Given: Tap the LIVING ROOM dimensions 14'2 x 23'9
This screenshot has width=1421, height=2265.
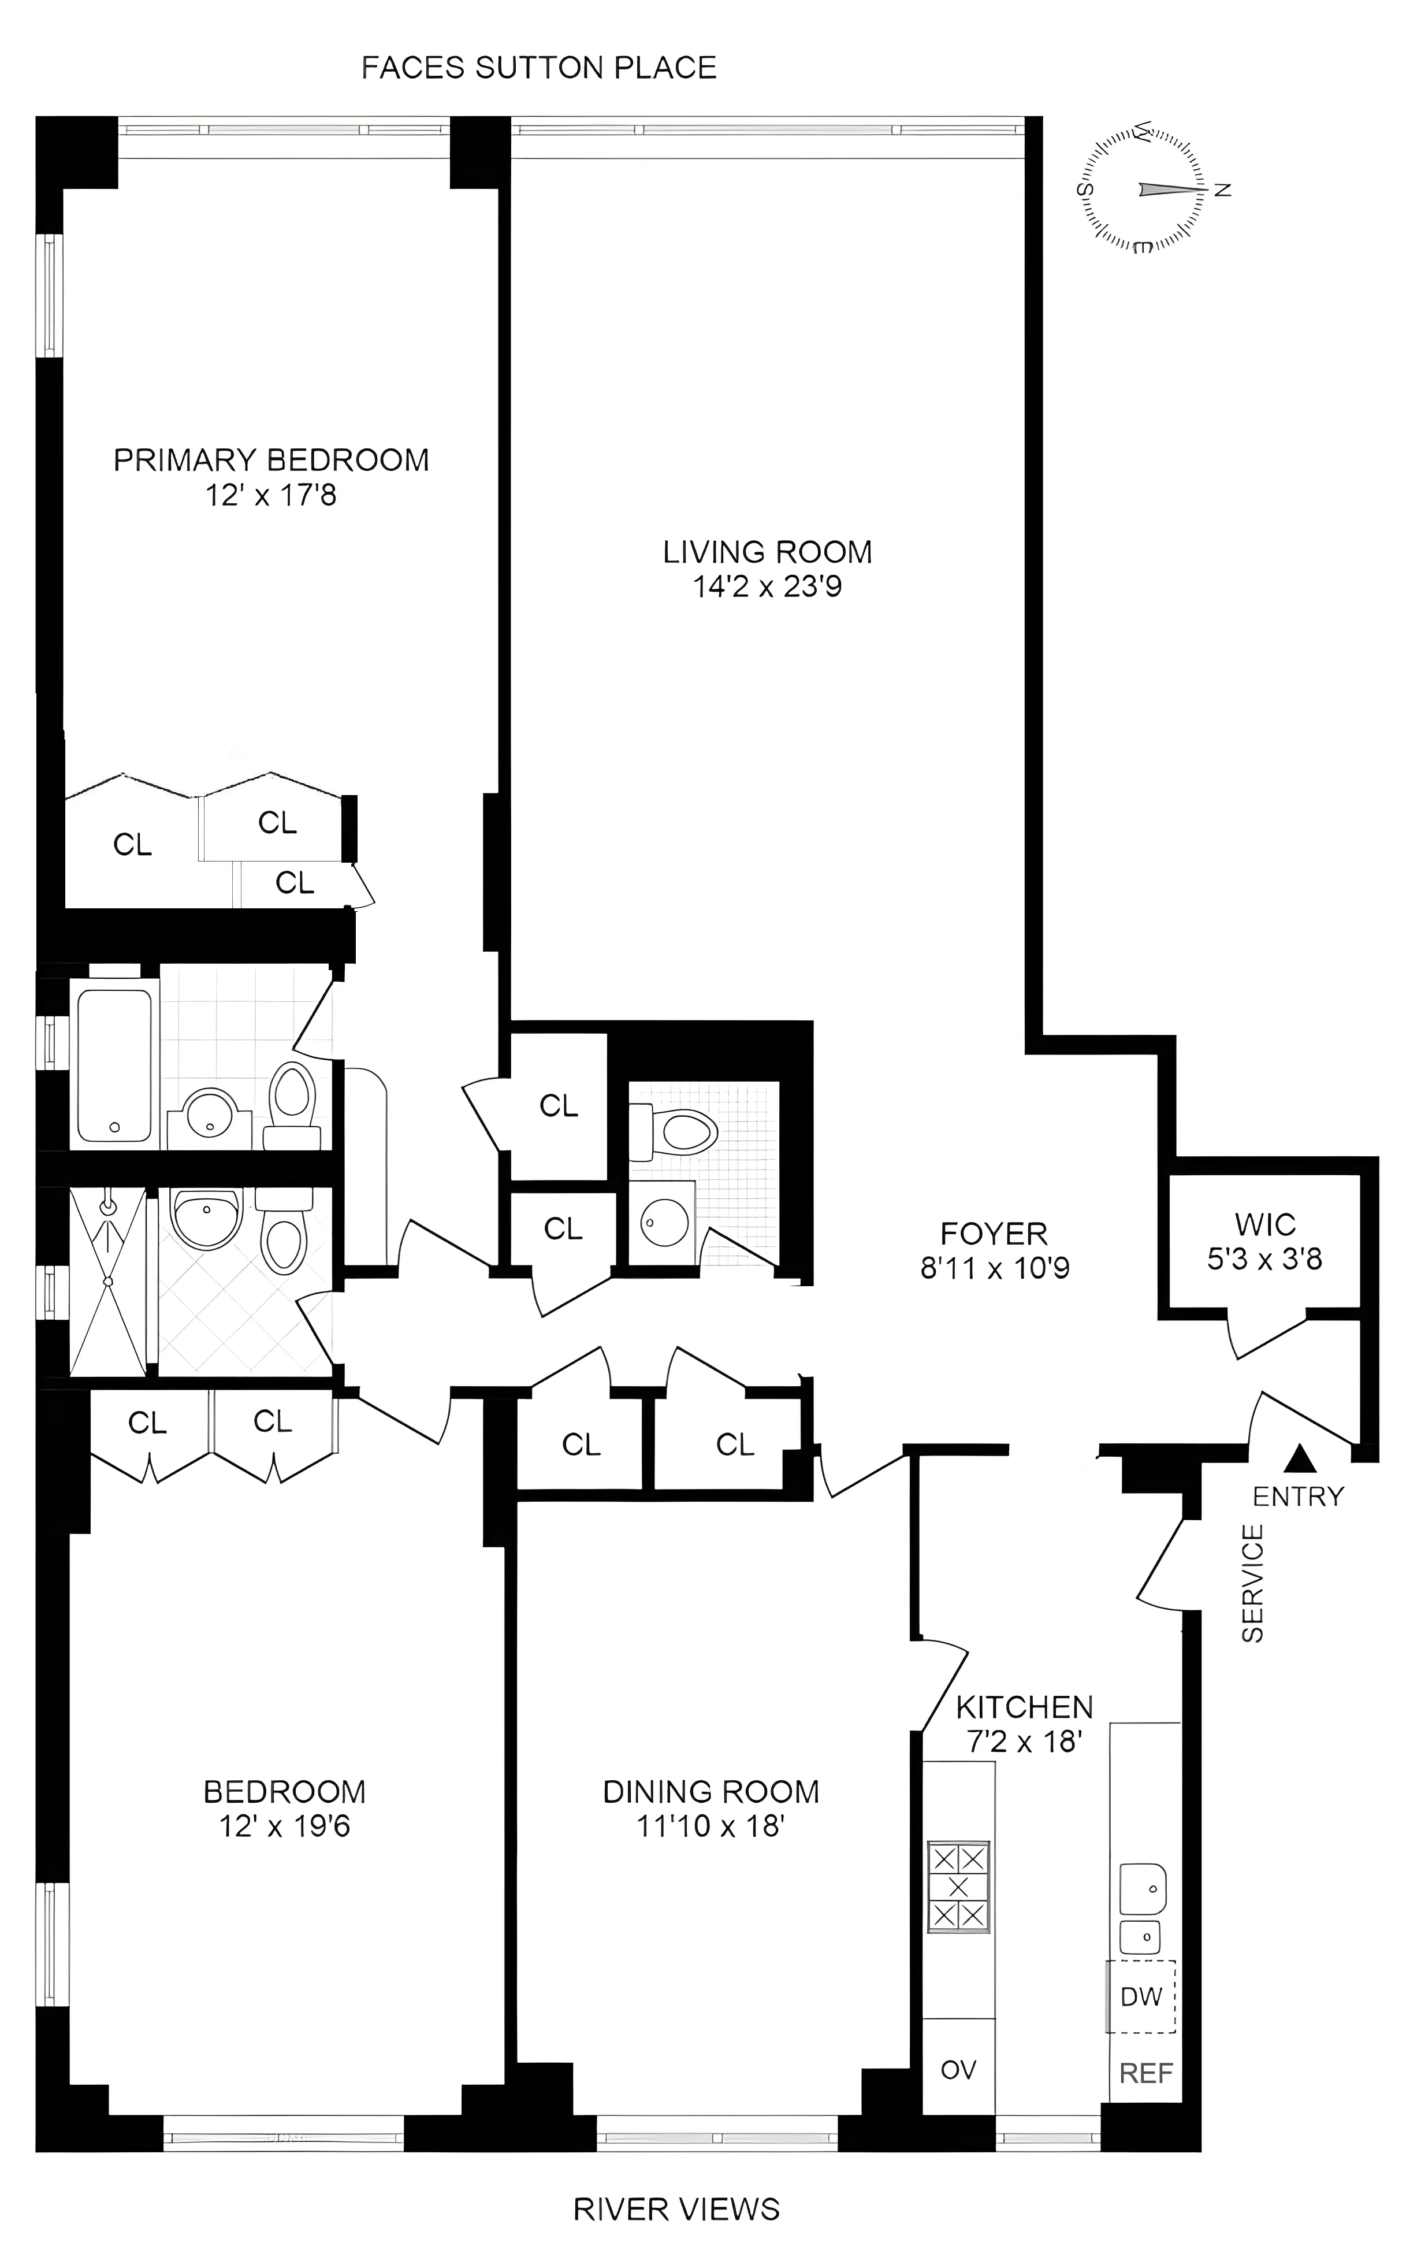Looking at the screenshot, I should [x=767, y=588].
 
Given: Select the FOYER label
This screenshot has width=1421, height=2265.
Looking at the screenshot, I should [x=994, y=1233].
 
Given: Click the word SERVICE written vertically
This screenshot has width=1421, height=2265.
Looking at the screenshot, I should [x=1253, y=1584].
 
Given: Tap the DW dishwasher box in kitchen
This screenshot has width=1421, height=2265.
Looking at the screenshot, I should [x=1141, y=1996].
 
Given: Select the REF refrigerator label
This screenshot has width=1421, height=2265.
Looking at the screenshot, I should [x=1145, y=2073].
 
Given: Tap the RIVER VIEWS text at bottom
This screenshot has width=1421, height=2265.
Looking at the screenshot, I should [x=676, y=2208].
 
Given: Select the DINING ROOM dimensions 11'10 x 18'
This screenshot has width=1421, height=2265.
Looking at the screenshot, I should [x=710, y=1826].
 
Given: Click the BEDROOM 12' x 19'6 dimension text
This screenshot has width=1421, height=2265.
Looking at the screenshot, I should [x=285, y=1826].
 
